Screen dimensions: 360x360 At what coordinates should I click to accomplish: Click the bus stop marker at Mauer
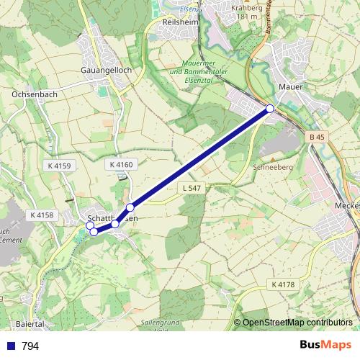[270, 109]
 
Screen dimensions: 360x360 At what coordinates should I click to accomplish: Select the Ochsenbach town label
[35, 94]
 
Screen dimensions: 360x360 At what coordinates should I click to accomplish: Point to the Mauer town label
[290, 87]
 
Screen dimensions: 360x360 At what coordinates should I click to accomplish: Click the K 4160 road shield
[121, 165]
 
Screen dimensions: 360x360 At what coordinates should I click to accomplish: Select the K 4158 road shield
[43, 215]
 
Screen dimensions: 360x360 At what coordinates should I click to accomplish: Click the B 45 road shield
[317, 137]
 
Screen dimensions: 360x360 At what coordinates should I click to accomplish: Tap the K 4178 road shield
[283, 284]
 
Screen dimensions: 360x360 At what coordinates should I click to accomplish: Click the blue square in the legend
[10, 346]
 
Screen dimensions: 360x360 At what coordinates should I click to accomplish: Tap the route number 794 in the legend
[30, 346]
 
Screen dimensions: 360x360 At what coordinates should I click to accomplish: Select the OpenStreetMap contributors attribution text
[297, 323]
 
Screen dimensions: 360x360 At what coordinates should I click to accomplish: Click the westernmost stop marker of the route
[90, 226]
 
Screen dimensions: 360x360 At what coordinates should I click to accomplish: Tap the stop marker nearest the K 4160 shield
[130, 207]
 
